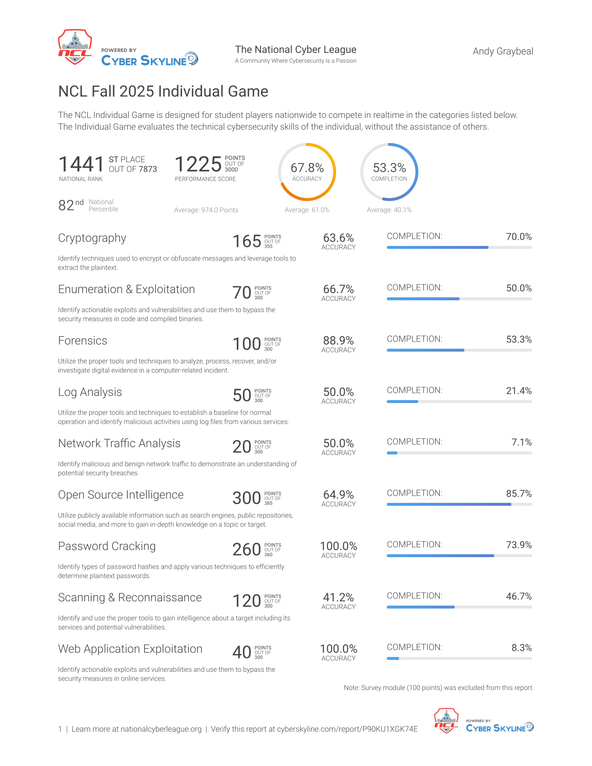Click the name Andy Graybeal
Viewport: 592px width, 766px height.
[x=502, y=52]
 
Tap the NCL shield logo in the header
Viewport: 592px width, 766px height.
[x=75, y=47]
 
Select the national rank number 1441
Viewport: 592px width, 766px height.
[x=81, y=164]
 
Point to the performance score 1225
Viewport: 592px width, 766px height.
[x=198, y=164]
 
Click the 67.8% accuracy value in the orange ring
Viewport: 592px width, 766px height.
[x=307, y=168]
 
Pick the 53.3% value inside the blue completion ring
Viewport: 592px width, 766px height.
[x=389, y=168]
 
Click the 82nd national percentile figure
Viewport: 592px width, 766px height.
[x=71, y=205]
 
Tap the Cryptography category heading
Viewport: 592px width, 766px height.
[x=92, y=238]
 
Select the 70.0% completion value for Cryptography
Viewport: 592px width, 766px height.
[x=519, y=237]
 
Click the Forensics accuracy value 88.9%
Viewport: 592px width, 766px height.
[x=338, y=341]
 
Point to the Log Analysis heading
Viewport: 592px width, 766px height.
[x=90, y=392]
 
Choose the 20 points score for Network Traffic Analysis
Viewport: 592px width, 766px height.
[x=241, y=447]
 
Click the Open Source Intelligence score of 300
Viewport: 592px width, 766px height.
[x=247, y=498]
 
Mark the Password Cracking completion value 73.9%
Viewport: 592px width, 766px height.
[x=519, y=545]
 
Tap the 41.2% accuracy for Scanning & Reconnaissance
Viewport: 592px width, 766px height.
[x=338, y=597]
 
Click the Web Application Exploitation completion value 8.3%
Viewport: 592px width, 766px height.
[x=521, y=648]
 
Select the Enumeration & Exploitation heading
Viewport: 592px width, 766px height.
[x=126, y=289]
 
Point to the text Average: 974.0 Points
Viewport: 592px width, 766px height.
[x=206, y=210]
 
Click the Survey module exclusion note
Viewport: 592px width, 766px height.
[x=439, y=688]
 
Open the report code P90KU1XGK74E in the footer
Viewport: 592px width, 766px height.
[x=390, y=729]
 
